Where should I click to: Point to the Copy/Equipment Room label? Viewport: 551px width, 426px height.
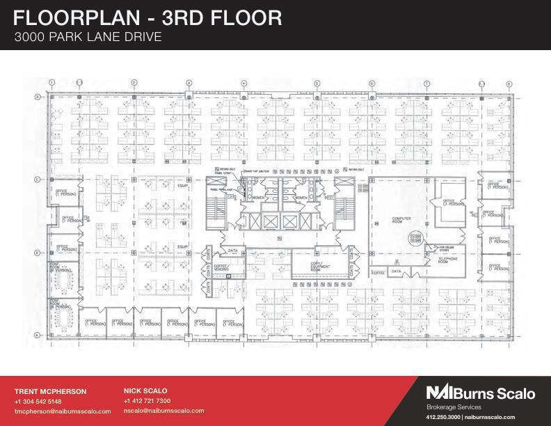click(x=321, y=267)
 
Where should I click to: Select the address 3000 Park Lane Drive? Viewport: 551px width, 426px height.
click(x=88, y=37)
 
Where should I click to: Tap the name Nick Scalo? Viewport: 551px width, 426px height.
click(x=145, y=391)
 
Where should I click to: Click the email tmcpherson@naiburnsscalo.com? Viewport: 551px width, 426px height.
click(x=63, y=411)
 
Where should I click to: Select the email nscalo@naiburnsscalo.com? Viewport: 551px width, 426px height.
click(x=163, y=411)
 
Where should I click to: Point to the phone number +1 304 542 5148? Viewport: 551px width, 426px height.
click(x=38, y=402)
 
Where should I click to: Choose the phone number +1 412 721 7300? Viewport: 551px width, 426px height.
click(x=147, y=401)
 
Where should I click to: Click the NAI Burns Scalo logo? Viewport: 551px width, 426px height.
click(x=481, y=393)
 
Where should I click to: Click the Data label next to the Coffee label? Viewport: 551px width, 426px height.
click(x=396, y=272)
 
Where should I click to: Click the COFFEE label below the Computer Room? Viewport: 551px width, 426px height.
click(x=378, y=273)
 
